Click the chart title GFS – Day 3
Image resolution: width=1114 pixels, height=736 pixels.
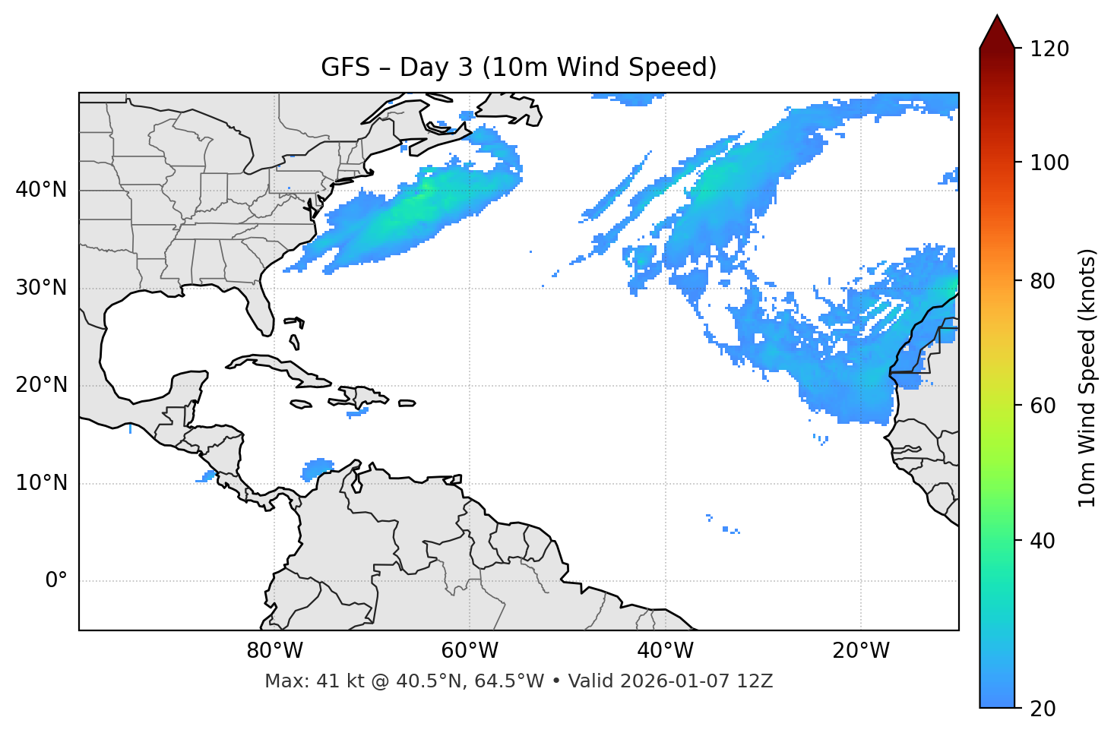pos(518,68)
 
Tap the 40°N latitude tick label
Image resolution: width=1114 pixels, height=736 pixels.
pos(41,190)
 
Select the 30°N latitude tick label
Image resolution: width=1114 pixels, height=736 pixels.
pos(41,288)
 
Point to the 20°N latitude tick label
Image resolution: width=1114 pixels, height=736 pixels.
pos(41,385)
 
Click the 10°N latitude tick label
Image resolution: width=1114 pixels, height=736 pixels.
pos(41,483)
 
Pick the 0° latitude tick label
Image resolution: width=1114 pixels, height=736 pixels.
pos(56,581)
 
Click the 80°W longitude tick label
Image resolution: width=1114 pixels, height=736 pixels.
pos(274,651)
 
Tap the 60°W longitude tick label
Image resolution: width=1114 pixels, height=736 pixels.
pos(470,651)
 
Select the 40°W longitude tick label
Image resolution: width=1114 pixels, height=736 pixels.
pos(665,651)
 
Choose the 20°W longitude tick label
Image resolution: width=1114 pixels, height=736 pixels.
pos(860,651)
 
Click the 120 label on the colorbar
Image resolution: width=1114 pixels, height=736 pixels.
pos(1049,49)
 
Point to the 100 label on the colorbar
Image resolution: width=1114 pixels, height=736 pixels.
pos(1049,163)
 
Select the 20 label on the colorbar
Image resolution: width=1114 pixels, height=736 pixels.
pos(1043,709)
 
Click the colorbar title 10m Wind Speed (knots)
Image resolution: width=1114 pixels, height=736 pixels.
pos(1087,377)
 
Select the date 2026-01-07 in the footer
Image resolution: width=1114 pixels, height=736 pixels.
pos(676,681)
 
